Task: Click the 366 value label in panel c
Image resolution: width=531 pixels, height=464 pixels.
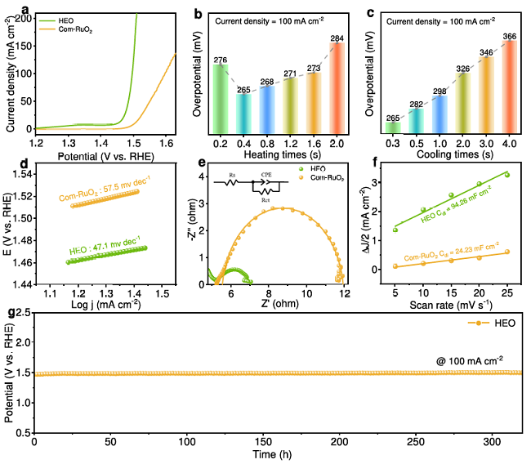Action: pos(509,36)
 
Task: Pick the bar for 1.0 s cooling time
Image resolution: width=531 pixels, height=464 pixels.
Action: pos(439,114)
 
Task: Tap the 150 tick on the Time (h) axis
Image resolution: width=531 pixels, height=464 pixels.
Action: pos(264,441)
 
